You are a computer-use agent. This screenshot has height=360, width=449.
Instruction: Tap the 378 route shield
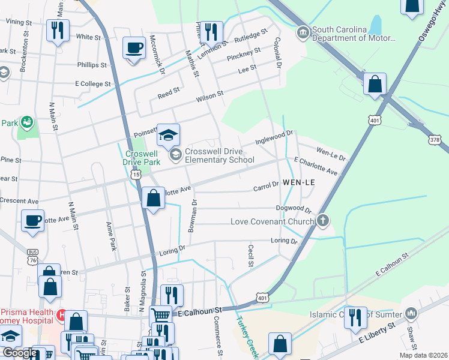point(435,139)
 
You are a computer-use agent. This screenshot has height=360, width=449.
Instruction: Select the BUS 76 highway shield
point(32,256)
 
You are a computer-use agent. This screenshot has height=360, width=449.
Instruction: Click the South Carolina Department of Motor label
point(354,34)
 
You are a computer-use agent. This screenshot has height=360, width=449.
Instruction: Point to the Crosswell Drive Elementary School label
point(219,156)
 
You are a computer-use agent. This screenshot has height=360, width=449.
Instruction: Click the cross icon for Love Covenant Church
point(323,221)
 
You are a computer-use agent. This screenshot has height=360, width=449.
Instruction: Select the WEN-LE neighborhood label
point(300,182)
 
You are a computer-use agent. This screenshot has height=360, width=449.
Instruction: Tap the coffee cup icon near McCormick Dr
point(134,47)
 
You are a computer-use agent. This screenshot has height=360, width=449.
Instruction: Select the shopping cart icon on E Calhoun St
point(160,315)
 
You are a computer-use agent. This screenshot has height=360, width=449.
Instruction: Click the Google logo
point(19,353)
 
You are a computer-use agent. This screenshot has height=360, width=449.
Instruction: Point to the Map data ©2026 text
point(423,355)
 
